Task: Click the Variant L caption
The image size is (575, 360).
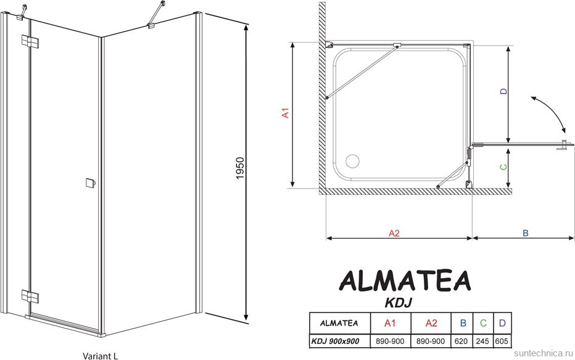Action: [101, 354]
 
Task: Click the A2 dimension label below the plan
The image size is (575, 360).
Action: [395, 233]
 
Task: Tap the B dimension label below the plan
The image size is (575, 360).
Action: [525, 233]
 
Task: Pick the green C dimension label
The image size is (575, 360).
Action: [503, 166]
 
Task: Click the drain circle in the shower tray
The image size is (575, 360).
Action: [354, 161]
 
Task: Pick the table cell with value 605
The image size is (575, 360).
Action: [503, 341]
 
